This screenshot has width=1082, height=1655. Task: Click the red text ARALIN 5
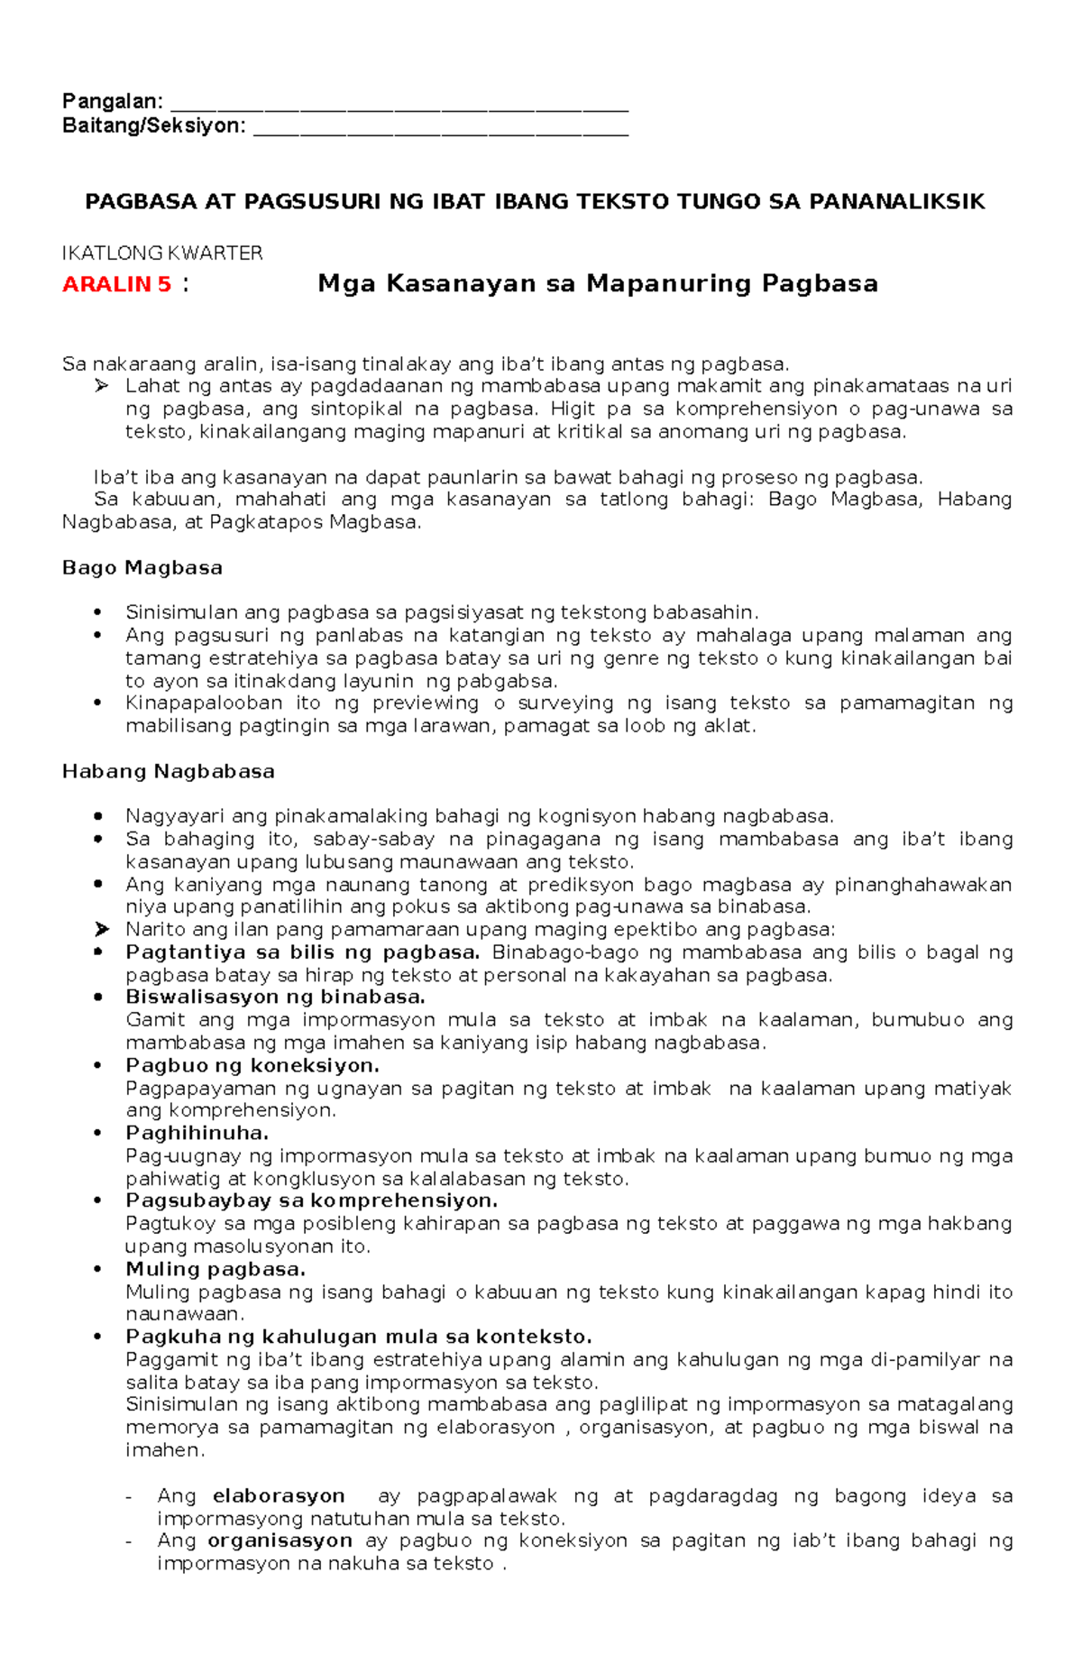(116, 284)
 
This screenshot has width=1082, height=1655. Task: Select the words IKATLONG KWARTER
(162, 253)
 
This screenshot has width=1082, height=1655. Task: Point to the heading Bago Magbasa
(142, 567)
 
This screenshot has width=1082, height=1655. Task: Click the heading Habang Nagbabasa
(168, 771)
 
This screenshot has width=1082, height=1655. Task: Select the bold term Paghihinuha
(197, 1133)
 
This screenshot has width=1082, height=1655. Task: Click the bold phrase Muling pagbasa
(215, 1269)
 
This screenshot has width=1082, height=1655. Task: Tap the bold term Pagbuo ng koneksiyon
(252, 1065)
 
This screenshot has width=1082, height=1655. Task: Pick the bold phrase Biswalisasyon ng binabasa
(275, 997)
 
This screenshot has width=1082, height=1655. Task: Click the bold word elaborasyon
(279, 1495)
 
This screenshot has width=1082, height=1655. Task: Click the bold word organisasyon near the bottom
(280, 1540)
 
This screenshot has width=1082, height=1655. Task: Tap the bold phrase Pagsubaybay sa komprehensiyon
(311, 1200)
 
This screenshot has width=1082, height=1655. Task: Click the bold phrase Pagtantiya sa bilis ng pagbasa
(302, 952)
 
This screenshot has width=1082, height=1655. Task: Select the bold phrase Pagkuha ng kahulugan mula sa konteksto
(358, 1337)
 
